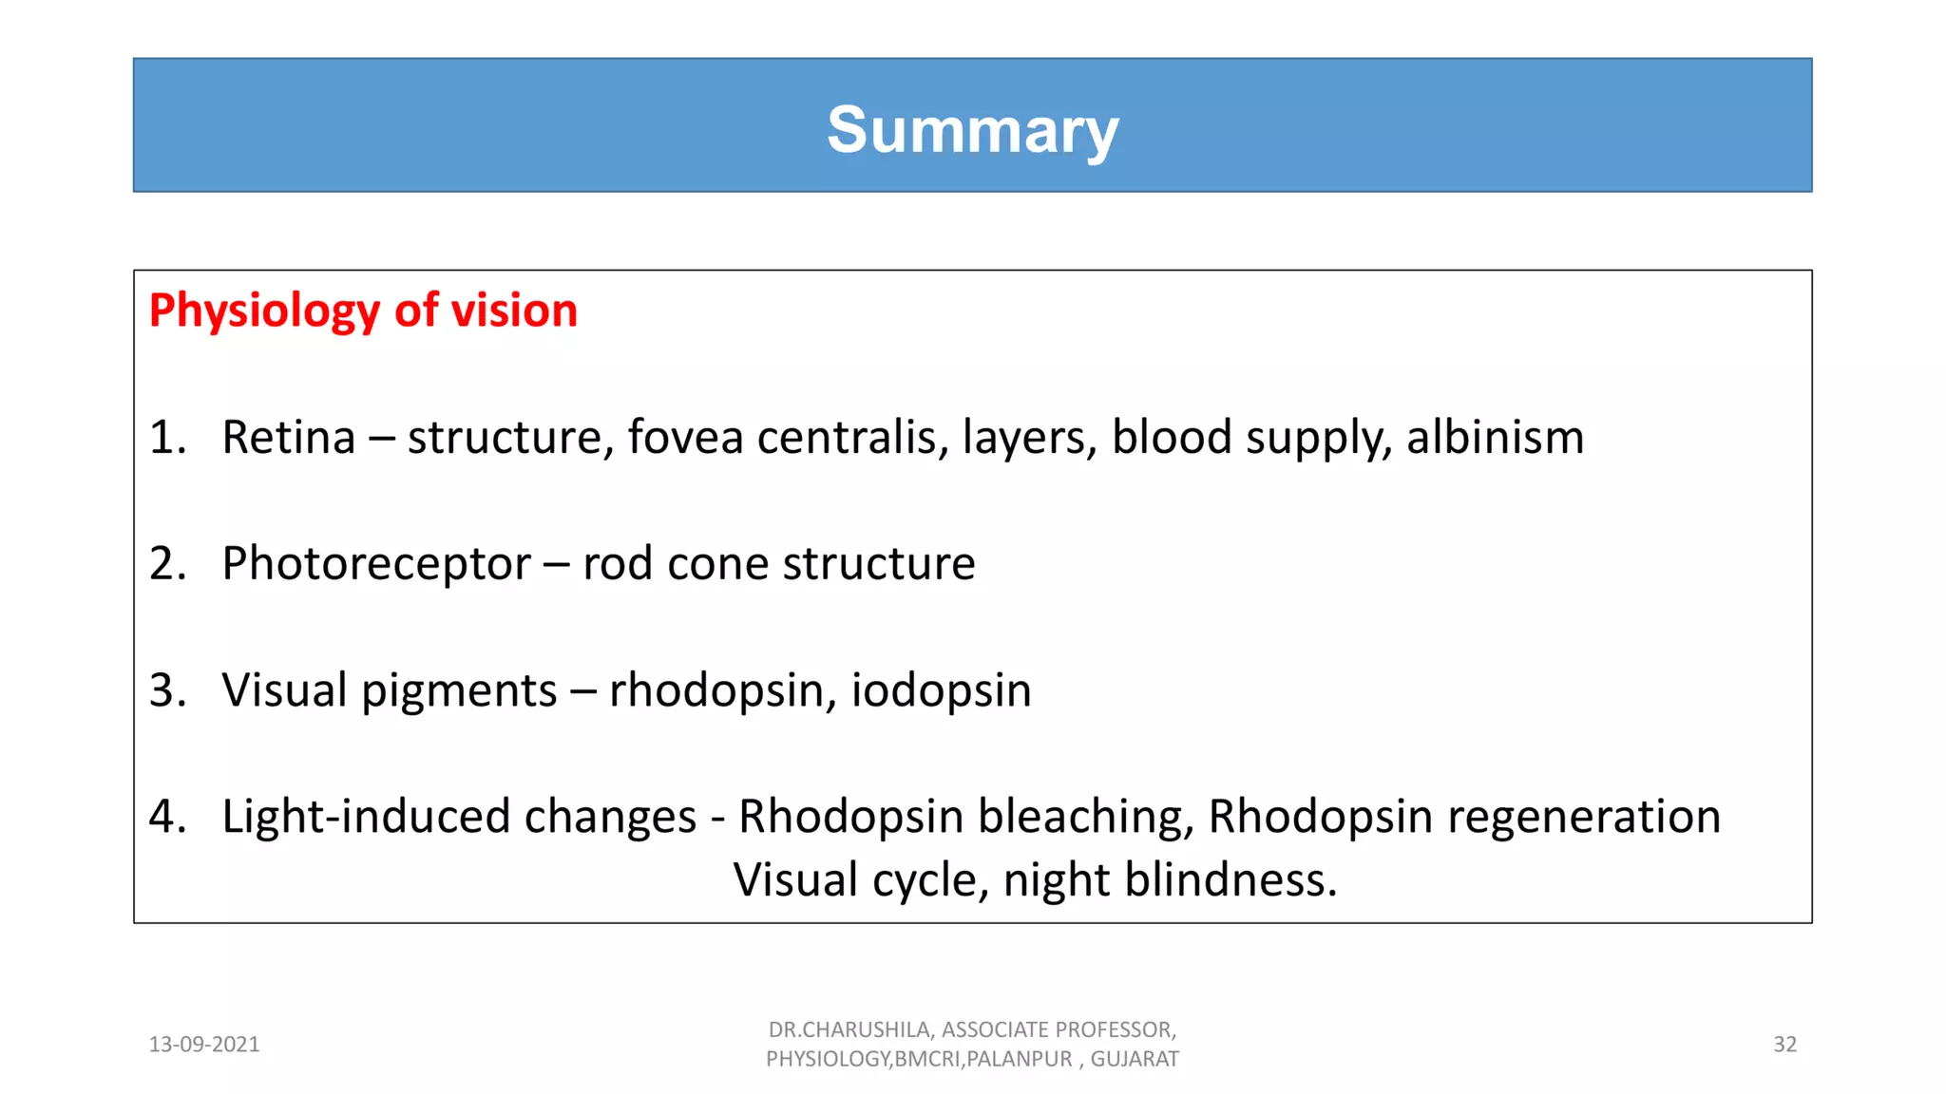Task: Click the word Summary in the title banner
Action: point(972,130)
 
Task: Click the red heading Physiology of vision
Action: point(363,311)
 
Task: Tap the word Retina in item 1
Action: point(288,438)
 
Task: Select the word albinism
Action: point(1495,438)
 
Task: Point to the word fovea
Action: point(684,438)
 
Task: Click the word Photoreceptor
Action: point(375,564)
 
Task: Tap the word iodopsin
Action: point(941,690)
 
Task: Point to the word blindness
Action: point(1231,880)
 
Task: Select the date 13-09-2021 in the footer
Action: point(204,1045)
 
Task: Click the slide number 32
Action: point(1784,1045)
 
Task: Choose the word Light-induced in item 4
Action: point(459,817)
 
